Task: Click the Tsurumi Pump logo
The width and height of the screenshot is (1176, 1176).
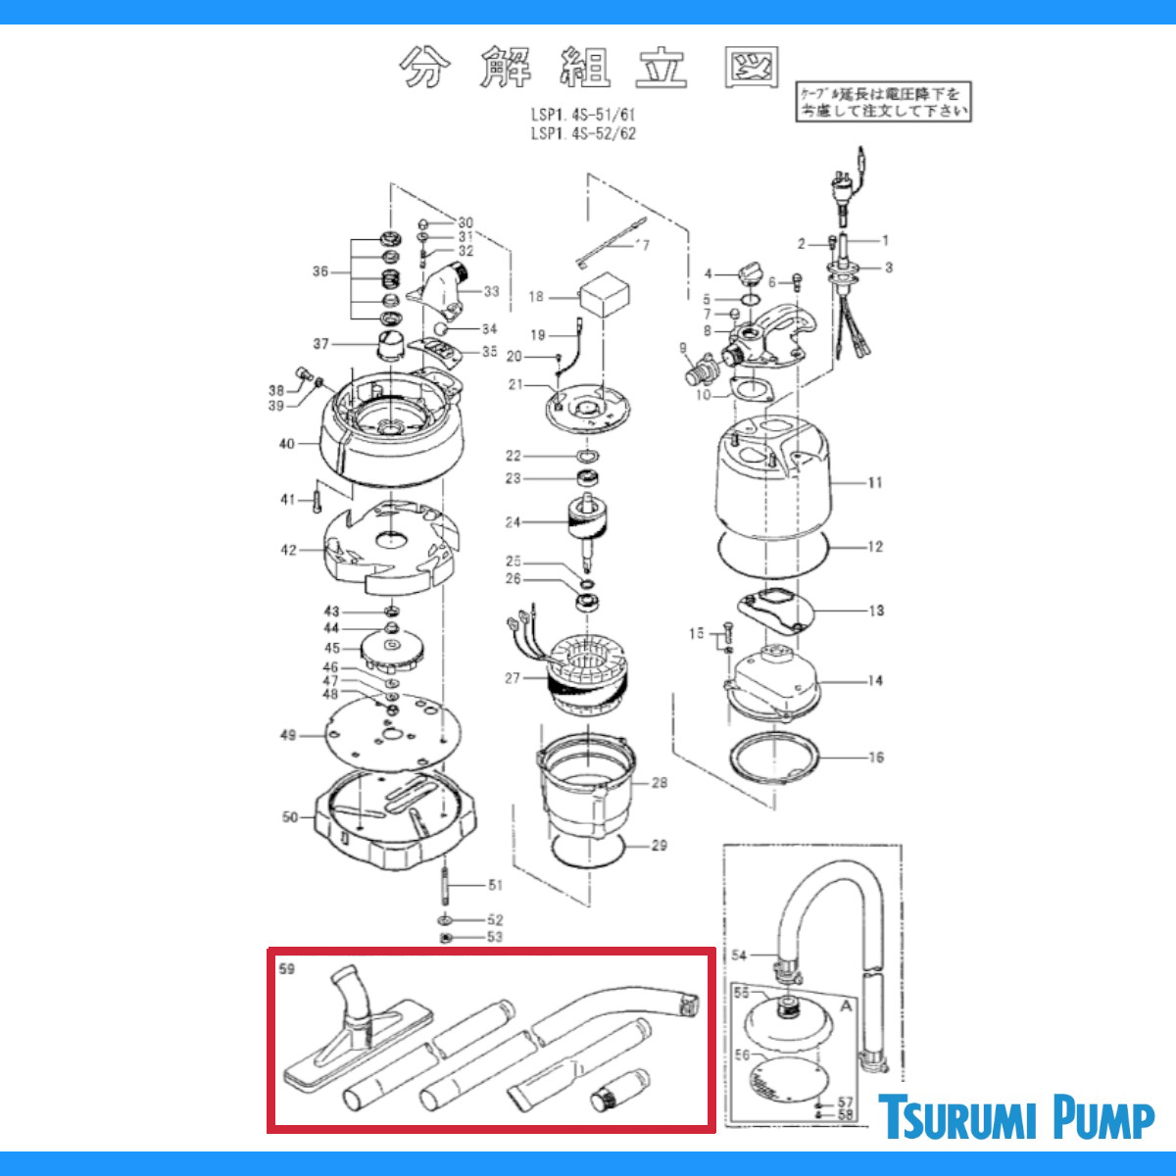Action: (1015, 1118)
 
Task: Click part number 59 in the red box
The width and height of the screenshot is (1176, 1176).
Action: (287, 970)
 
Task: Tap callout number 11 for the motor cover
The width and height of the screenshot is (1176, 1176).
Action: (874, 482)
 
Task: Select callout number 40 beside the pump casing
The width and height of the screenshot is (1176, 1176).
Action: (286, 444)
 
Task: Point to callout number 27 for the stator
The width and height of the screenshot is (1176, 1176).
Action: (513, 678)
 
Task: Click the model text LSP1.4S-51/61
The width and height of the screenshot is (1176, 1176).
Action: (583, 115)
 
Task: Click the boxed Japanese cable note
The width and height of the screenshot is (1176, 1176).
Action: (883, 101)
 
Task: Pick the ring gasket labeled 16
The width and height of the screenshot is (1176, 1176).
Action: (774, 757)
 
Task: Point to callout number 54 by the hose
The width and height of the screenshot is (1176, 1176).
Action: (738, 955)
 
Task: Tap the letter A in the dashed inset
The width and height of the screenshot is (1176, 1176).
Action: (846, 1004)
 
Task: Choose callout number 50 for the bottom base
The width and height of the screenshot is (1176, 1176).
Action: (289, 816)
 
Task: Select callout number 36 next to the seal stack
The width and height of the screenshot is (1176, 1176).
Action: (320, 271)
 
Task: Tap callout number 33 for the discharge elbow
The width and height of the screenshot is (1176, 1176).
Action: (491, 291)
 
